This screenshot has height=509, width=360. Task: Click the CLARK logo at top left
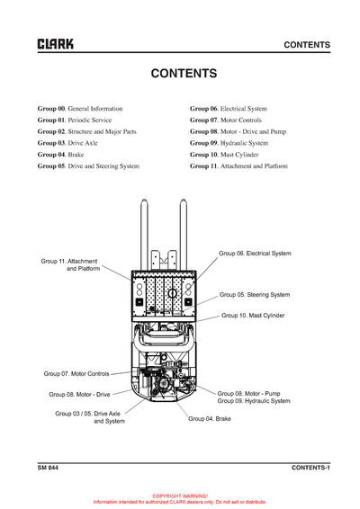55,44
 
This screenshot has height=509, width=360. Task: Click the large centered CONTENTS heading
183,74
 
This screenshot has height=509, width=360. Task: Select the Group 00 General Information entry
80,108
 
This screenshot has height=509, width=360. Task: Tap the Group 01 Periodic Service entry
75,120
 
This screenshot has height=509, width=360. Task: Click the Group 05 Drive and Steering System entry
88,166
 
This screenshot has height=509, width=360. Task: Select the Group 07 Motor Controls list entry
230,120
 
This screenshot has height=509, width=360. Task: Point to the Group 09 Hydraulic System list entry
229,143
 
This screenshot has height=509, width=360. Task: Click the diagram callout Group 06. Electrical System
256,254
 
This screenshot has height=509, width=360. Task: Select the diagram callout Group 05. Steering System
256,294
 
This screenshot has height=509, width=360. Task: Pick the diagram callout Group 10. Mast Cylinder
253,316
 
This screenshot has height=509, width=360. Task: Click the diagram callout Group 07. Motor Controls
76,373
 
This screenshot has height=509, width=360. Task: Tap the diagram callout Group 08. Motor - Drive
79,394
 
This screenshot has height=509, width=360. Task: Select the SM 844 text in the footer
49,468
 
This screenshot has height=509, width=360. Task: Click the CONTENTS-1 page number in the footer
310,468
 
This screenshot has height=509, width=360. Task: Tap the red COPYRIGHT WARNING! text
180,496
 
